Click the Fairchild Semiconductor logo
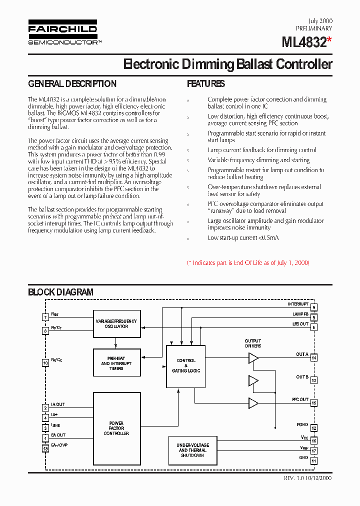point(62,32)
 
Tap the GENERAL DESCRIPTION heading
point(72,84)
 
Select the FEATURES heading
point(206,84)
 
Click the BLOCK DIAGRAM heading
point(60,292)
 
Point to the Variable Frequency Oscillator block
point(116,323)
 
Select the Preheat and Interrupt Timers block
point(116,363)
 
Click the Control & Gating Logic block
point(186,366)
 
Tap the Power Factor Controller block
point(116,428)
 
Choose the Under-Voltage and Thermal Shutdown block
point(192,450)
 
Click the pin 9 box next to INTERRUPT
point(314,307)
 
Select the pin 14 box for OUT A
point(314,357)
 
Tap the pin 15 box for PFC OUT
point(314,403)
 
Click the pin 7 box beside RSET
point(45,317)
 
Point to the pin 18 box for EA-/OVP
point(45,448)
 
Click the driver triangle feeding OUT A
point(253,357)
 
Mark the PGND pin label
point(302,424)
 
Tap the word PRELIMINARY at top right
point(314,29)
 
